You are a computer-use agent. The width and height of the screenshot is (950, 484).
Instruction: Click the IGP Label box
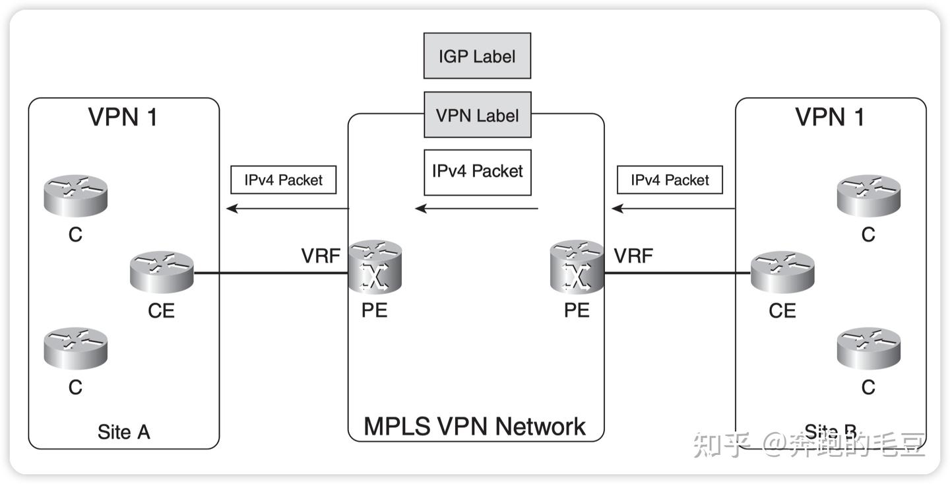[477, 56]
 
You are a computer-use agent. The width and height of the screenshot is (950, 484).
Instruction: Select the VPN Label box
[477, 115]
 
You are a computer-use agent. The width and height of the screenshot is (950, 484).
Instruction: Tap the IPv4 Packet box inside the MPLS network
[477, 171]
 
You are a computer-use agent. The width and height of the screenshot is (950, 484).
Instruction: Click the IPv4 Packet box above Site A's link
[283, 180]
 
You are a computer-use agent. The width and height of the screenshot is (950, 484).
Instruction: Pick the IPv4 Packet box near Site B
[670, 180]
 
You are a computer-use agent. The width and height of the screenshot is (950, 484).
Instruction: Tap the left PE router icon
[375, 267]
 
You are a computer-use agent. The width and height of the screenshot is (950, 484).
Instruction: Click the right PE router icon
[577, 267]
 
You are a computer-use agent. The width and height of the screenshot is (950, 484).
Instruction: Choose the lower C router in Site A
[76, 347]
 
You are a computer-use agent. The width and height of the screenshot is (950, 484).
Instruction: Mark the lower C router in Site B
[869, 347]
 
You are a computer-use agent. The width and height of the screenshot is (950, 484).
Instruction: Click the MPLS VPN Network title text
[475, 427]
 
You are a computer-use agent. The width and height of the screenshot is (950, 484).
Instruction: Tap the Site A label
[123, 432]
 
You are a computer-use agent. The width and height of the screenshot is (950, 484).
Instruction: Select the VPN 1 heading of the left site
[123, 117]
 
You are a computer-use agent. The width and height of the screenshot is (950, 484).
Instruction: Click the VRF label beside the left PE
[321, 256]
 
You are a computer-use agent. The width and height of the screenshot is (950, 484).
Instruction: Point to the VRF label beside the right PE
[633, 256]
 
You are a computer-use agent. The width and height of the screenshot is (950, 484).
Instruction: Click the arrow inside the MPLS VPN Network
[476, 209]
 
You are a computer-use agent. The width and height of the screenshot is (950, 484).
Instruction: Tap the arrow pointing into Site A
[287, 209]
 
